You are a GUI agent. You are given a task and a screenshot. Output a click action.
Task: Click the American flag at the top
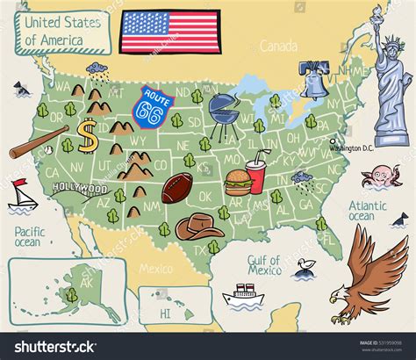tap(170, 30)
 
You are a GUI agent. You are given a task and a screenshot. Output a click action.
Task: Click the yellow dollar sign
tap(86, 136)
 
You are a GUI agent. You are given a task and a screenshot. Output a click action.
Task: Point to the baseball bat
tap(39, 141)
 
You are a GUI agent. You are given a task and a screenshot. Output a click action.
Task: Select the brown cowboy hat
tap(198, 227)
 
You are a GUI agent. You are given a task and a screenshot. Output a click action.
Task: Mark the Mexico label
tap(156, 269)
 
